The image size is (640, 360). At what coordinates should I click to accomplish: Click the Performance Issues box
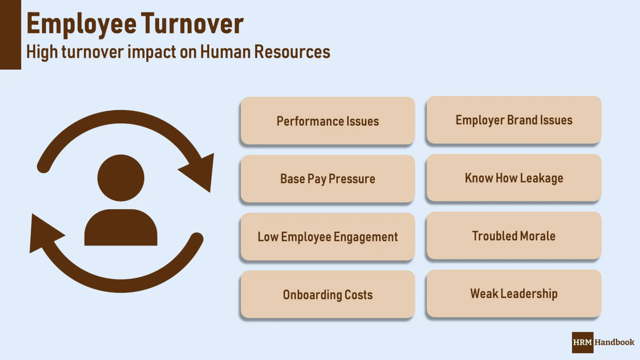(328, 120)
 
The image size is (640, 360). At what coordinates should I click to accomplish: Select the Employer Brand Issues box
(514, 120)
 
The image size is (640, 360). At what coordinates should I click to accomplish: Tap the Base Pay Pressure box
(328, 178)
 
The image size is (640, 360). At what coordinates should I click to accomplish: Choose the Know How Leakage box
(514, 178)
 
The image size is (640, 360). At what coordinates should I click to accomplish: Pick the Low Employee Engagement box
(328, 236)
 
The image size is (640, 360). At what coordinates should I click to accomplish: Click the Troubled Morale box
(514, 236)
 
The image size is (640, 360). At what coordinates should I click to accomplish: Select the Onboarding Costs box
(328, 294)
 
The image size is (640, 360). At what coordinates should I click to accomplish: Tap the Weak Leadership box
(514, 294)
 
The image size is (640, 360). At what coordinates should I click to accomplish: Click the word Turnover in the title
(192, 24)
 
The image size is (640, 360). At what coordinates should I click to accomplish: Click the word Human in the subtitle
(225, 52)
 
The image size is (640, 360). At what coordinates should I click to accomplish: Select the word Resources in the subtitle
(292, 52)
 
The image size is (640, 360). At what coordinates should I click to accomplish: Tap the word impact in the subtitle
(152, 52)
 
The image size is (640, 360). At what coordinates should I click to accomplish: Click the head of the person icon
(121, 178)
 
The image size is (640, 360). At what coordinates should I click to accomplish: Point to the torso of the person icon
(121, 228)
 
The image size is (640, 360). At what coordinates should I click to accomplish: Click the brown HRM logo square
(582, 342)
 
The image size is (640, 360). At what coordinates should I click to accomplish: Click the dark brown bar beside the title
(10, 34)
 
